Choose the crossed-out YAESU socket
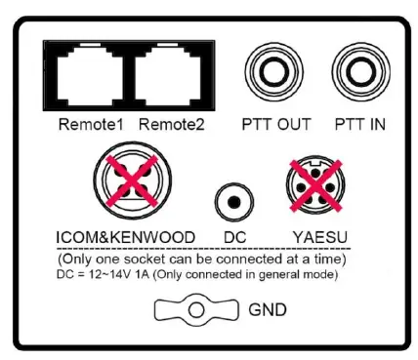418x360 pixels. pos(313,184)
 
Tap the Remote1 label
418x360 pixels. pos(89,124)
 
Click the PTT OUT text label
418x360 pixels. pos(276,124)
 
